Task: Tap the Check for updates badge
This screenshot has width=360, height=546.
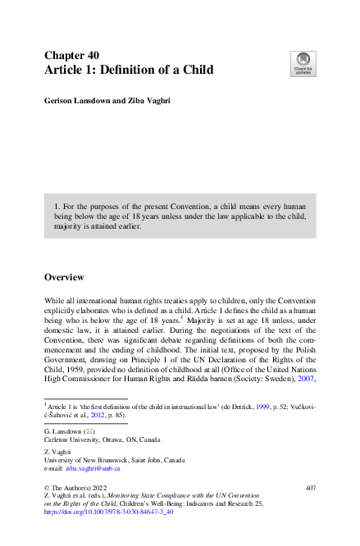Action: pos(303,62)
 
